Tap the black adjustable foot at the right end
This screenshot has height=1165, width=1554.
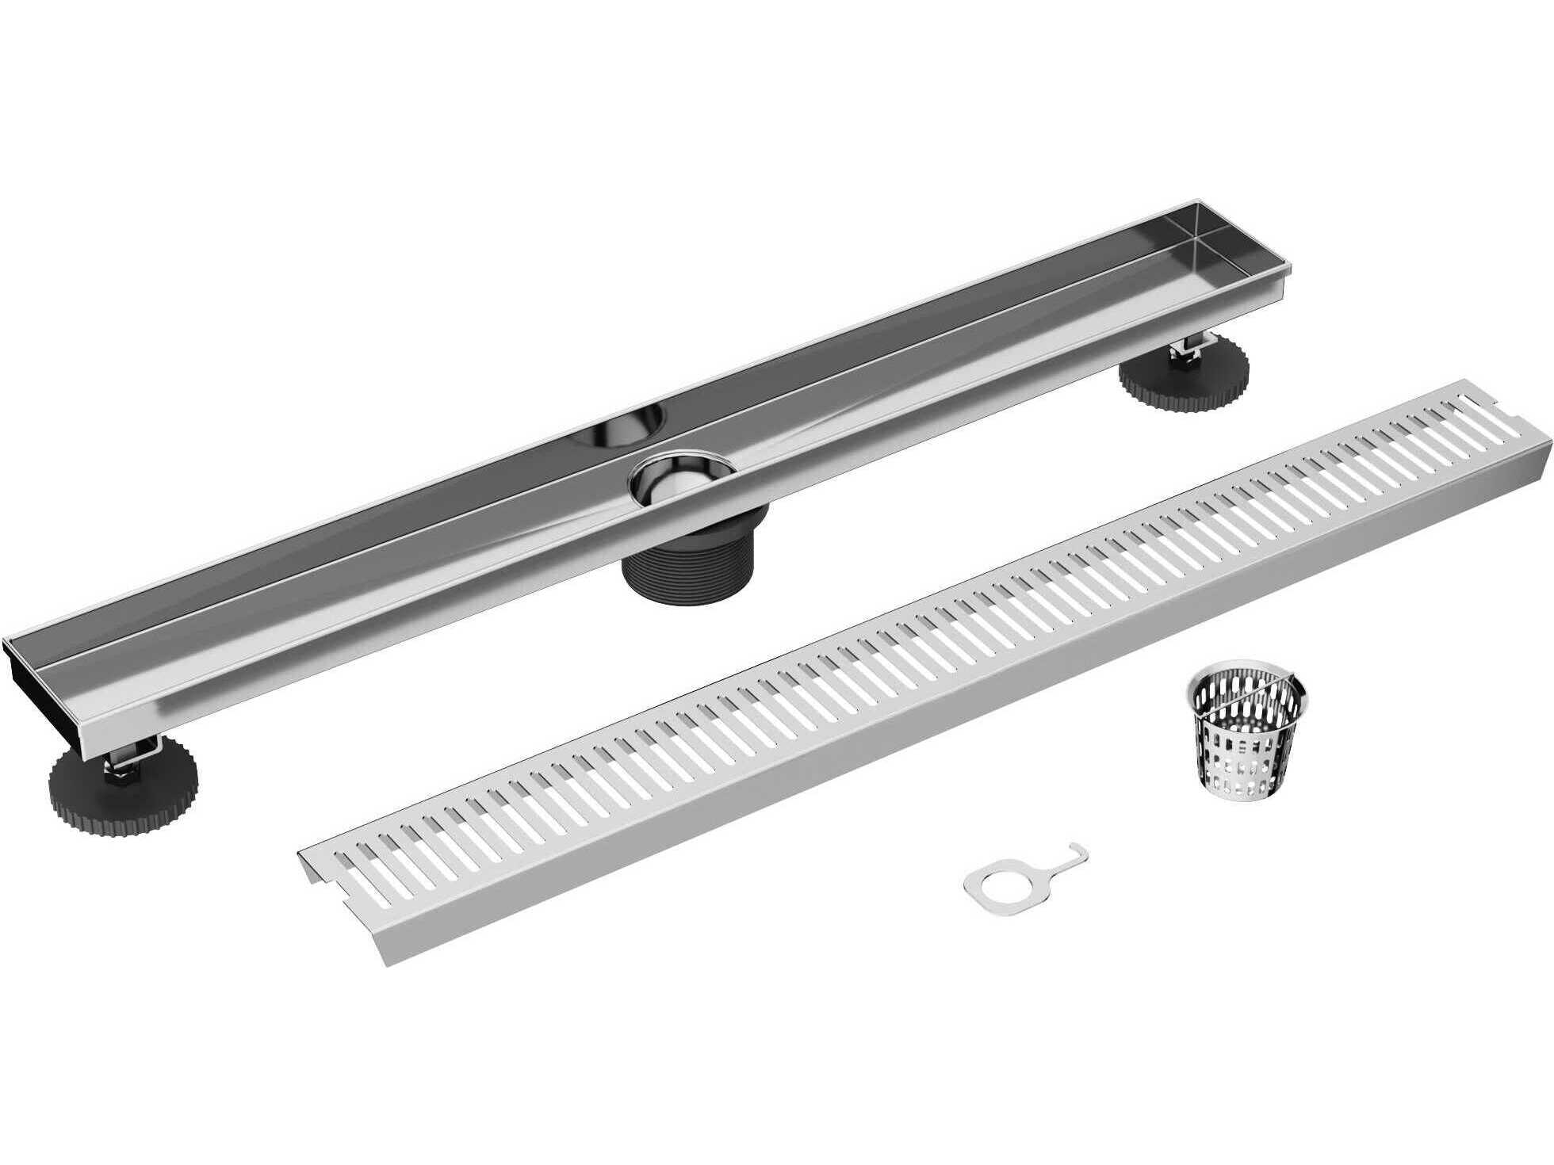click(1183, 378)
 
